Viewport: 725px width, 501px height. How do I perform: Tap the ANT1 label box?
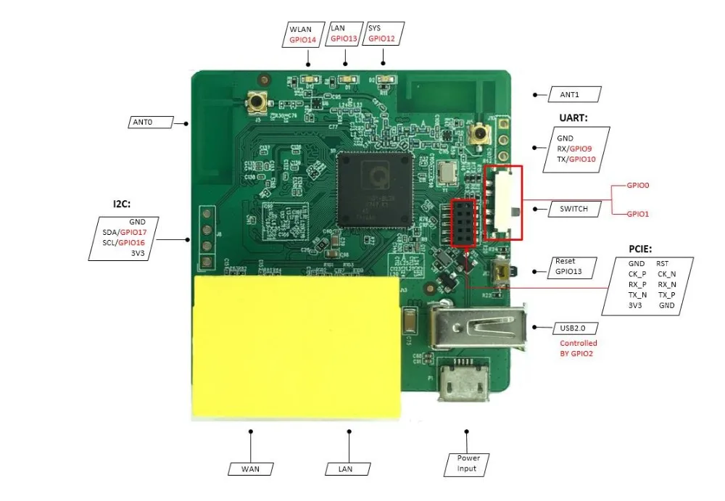569,94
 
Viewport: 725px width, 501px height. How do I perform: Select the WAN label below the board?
249,468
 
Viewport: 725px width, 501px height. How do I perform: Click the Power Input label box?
468,463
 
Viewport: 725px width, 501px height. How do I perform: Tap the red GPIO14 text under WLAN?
303,40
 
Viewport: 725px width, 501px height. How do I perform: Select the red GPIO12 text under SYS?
381,39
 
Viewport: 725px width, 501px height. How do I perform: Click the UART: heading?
573,117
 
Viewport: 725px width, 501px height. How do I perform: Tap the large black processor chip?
374,190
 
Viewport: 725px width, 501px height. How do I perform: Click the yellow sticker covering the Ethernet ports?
296,347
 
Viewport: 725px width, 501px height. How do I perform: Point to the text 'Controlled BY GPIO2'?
578,348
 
